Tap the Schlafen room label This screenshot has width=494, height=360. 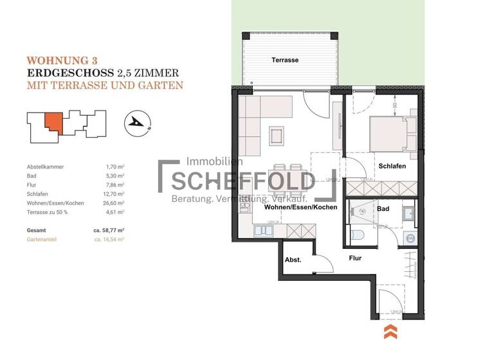coord(391,165)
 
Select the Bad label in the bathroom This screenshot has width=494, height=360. coord(383,209)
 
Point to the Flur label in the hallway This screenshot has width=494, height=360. coord(354,258)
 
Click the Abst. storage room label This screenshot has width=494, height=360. coord(293,260)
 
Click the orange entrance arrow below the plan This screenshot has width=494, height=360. coord(390,332)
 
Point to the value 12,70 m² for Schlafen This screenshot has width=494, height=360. coord(114,192)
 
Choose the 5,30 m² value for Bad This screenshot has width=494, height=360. coord(114,175)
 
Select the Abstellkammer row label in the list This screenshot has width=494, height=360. coord(45,166)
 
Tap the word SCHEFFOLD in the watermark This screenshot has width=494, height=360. coord(242,180)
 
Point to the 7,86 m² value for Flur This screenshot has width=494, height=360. coord(114,184)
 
